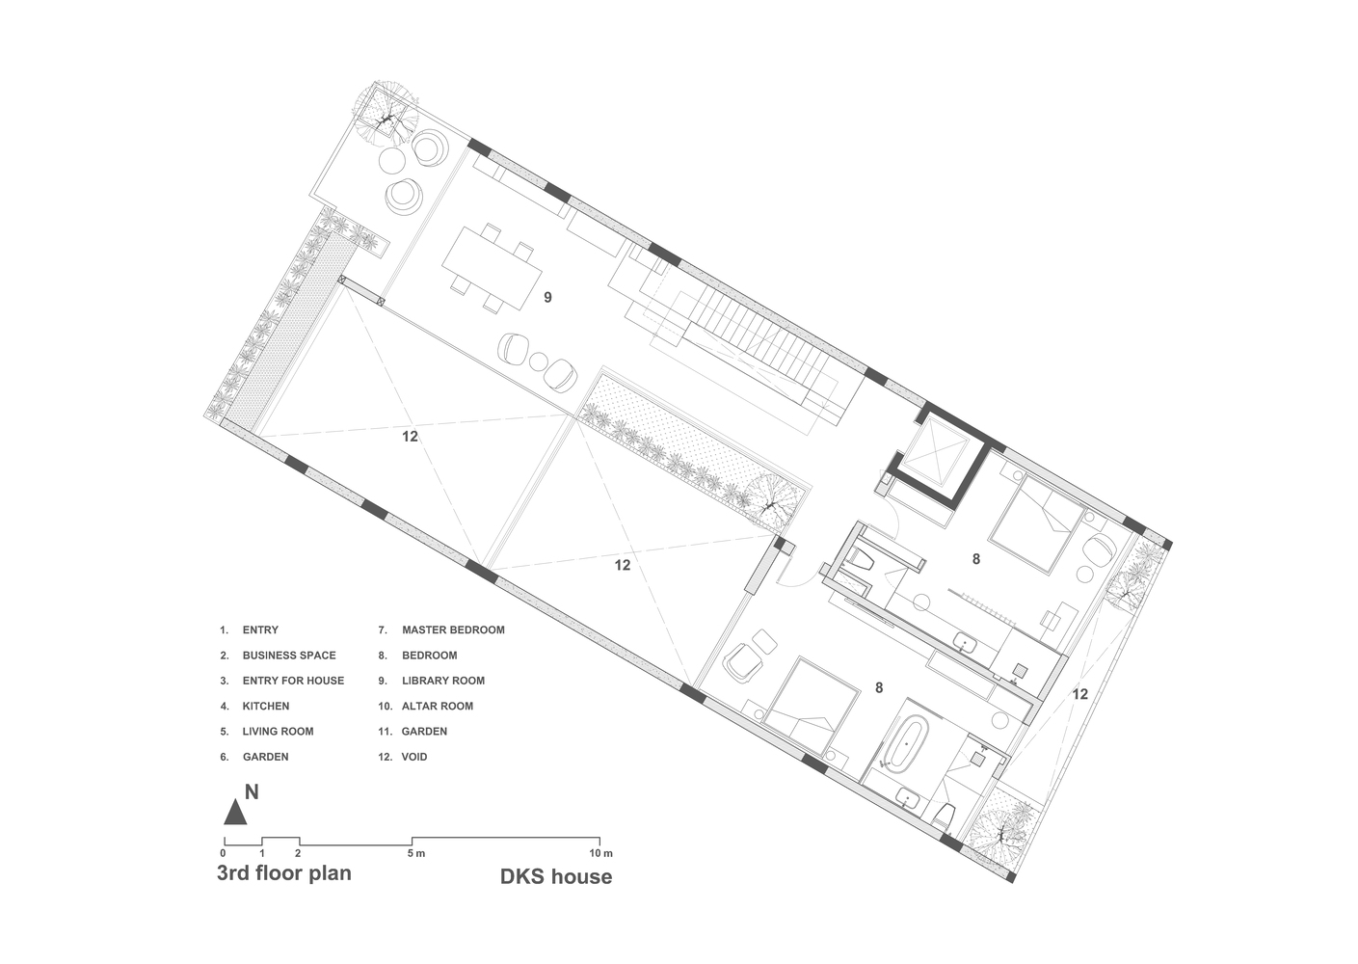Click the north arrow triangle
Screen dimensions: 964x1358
pyautogui.click(x=235, y=813)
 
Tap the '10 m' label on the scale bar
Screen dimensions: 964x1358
pyautogui.click(x=601, y=853)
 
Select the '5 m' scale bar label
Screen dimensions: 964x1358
pyautogui.click(x=415, y=853)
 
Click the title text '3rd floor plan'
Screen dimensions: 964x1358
pyautogui.click(x=283, y=873)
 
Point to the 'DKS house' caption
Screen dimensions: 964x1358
pyautogui.click(x=555, y=876)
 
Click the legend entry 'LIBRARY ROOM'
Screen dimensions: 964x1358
pyautogui.click(x=442, y=681)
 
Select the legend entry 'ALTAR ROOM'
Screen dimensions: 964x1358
pyautogui.click(x=437, y=706)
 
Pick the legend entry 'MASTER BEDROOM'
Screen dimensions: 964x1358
pyautogui.click(x=453, y=630)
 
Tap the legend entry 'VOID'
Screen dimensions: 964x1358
pyautogui.click(x=413, y=757)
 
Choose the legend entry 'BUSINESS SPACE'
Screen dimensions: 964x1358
pyautogui.click(x=289, y=656)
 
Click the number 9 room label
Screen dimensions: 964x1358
pyautogui.click(x=547, y=298)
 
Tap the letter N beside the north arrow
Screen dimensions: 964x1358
pyautogui.click(x=252, y=792)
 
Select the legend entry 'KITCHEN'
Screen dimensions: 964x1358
pyautogui.click(x=265, y=706)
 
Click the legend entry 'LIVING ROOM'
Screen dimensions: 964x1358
pyautogui.click(x=278, y=732)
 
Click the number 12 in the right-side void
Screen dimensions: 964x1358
pyautogui.click(x=1079, y=694)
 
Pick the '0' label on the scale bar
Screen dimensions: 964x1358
pyautogui.click(x=224, y=853)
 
